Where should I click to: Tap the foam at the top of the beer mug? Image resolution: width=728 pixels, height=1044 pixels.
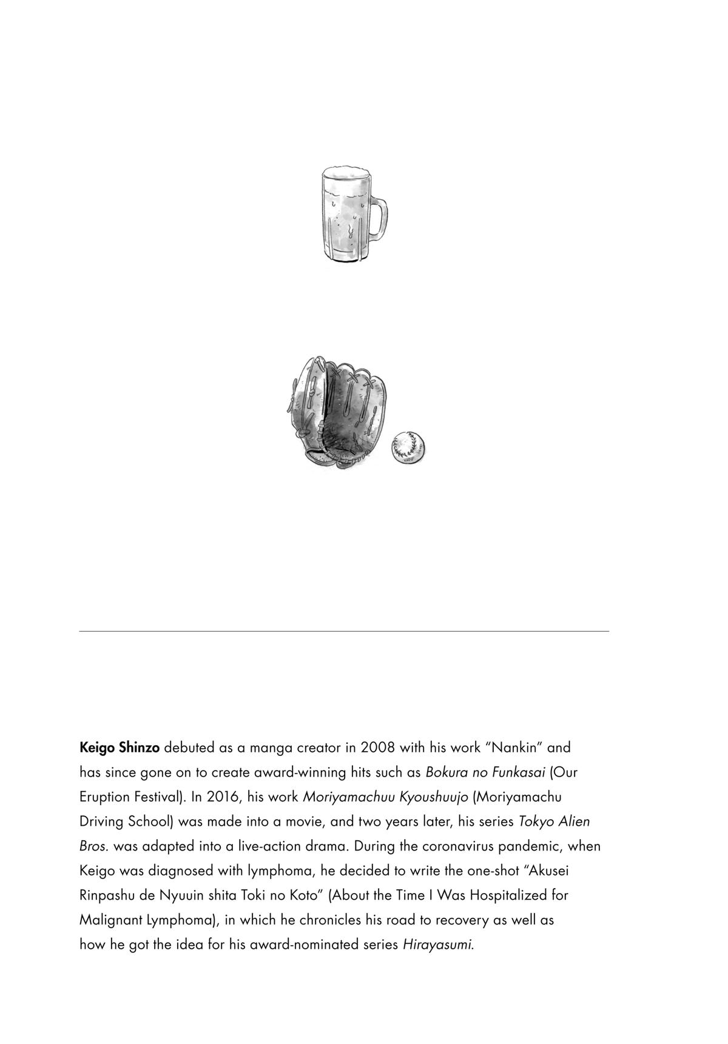pos(345,175)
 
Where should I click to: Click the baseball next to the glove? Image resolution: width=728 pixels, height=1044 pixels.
pos(408,448)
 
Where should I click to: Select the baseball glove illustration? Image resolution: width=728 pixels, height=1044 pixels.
pos(337,413)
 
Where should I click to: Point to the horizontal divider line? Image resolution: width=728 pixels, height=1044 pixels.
pos(343,631)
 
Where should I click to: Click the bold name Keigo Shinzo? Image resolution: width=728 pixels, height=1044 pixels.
pos(120,748)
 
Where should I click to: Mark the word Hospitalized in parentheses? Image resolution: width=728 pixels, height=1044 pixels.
pos(512,895)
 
